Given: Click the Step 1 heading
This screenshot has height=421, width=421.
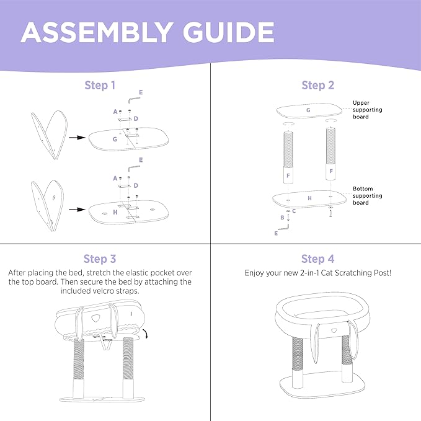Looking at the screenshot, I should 99,85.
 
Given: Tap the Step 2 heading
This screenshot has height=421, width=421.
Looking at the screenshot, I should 317,85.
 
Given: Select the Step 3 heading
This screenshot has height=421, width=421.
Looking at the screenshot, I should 99,259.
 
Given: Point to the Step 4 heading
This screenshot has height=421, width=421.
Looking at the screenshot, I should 317,259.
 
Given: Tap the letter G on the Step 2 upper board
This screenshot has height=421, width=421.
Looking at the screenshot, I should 308,110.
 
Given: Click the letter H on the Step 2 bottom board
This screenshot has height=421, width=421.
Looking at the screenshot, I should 309,198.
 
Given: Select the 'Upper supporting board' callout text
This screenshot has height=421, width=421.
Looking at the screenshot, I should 367,110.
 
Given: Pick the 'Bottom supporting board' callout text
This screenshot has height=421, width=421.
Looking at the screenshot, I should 367,196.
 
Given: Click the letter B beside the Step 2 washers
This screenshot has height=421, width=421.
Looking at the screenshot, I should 282,218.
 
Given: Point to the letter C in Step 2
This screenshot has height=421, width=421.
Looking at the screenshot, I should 293,211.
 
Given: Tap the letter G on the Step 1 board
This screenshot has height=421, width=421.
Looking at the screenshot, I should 115,140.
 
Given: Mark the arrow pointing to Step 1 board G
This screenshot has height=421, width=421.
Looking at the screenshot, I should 76,138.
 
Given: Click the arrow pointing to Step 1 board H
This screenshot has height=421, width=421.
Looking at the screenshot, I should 76,210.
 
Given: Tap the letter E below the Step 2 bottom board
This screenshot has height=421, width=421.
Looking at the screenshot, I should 276,234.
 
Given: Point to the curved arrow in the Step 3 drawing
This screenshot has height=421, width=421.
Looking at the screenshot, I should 144,335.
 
